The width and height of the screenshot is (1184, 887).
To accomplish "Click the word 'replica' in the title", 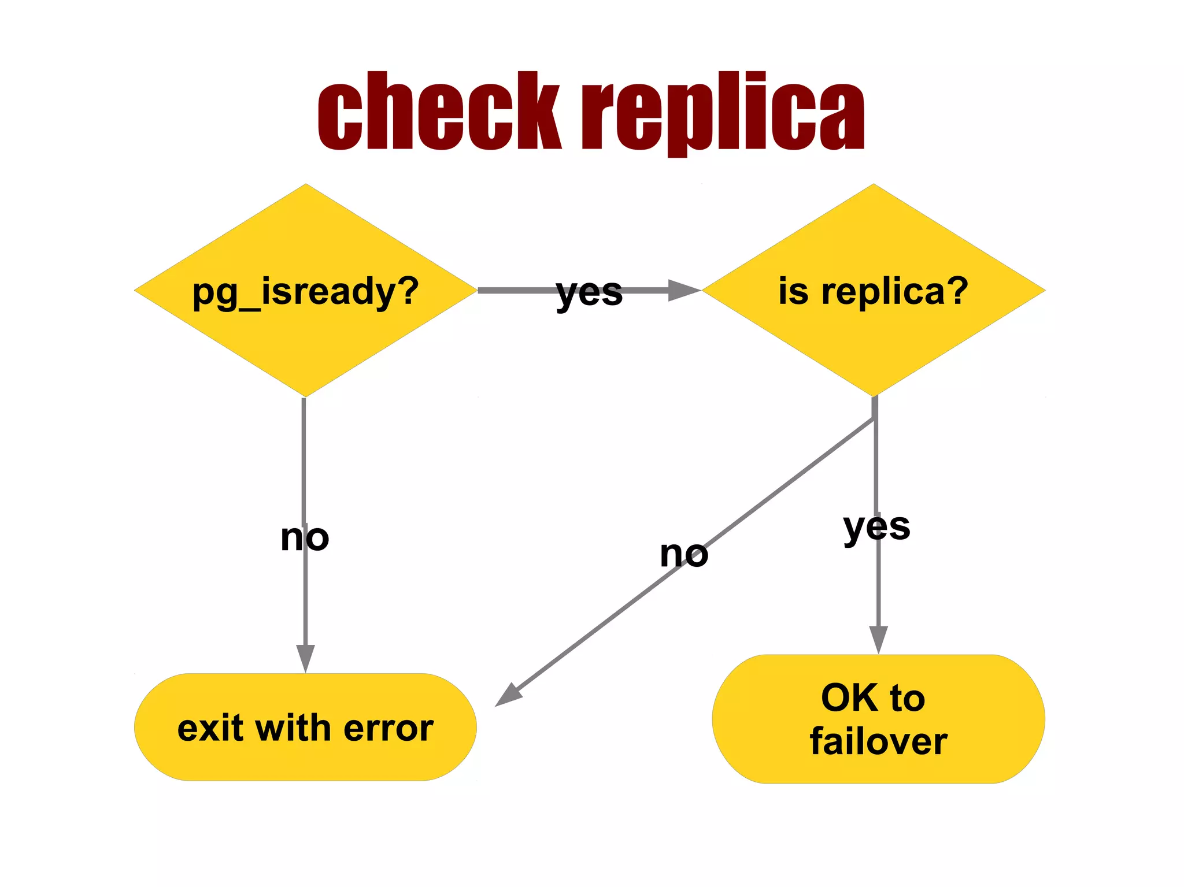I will tap(723, 113).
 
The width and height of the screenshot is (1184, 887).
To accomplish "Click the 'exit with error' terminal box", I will tap(305, 727).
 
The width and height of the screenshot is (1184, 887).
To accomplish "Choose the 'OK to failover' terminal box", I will tap(878, 719).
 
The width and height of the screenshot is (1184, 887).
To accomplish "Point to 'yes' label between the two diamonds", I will tap(589, 292).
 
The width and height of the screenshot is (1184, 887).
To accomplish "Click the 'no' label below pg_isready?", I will tap(305, 537).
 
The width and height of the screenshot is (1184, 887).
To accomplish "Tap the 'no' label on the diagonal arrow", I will tap(684, 554).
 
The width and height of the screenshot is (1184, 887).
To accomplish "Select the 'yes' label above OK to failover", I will tap(876, 527).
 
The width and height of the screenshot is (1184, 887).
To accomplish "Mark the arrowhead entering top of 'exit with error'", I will tap(305, 659).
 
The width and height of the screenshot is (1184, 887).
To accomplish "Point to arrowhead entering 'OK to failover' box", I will tap(878, 640).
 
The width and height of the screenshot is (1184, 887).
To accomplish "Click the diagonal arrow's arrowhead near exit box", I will tap(508, 696).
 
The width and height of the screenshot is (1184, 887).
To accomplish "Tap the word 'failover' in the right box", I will tap(878, 741).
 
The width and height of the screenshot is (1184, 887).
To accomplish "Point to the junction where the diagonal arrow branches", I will tap(874, 418).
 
